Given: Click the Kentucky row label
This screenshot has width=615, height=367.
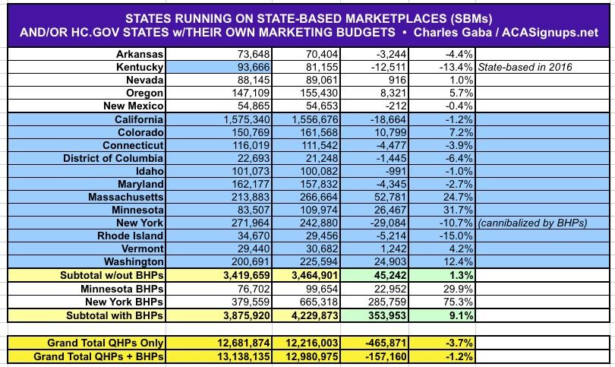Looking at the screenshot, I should (137, 67).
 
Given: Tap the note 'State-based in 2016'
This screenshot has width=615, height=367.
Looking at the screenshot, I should (525, 67).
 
